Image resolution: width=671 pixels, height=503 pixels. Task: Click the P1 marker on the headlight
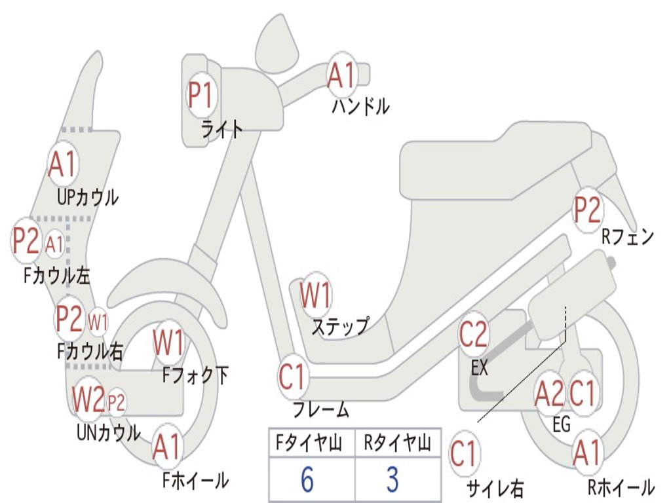[201, 96]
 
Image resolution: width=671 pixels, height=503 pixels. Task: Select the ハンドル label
[360, 106]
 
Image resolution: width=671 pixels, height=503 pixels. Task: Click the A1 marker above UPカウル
[62, 165]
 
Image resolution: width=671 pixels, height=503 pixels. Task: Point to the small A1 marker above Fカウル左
[55, 244]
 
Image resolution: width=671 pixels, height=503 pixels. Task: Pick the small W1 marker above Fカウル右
[98, 322]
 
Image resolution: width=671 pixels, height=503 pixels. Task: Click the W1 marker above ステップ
[315, 295]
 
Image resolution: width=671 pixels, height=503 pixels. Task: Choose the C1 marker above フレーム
[292, 378]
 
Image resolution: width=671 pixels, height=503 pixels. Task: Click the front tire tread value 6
[307, 480]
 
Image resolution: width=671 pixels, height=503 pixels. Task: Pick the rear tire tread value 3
[392, 480]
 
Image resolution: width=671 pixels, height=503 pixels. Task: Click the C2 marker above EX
[474, 335]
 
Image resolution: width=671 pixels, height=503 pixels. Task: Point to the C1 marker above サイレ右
[464, 454]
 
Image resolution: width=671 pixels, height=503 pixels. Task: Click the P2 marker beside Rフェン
[587, 210]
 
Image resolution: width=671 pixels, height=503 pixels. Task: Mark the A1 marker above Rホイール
[586, 453]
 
